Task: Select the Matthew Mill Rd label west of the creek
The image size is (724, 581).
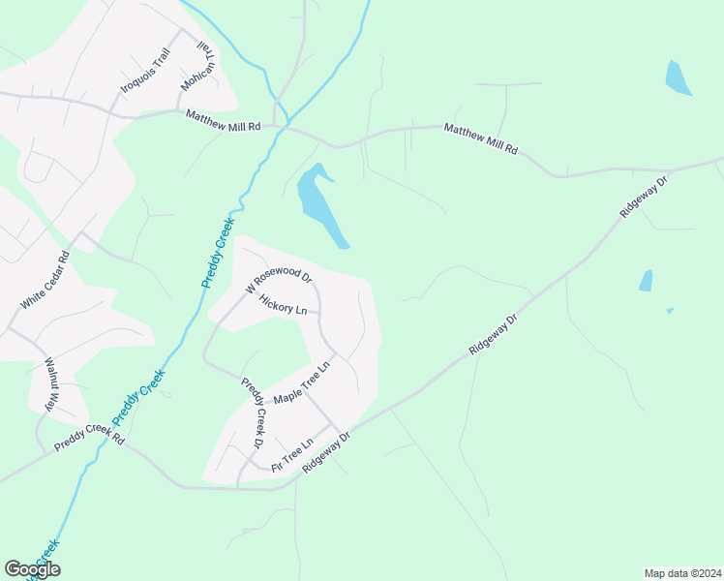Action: tap(224, 120)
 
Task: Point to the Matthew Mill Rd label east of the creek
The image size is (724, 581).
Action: tap(481, 139)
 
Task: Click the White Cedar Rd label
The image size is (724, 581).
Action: tap(45, 280)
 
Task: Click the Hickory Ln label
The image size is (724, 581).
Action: tap(283, 304)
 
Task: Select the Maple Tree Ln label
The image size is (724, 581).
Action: tap(301, 383)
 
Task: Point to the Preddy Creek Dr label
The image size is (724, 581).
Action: tap(253, 413)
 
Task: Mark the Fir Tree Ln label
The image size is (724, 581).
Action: tap(292, 456)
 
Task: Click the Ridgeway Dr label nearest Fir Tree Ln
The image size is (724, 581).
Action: tap(324, 452)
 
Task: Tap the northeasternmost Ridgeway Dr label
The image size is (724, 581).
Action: tap(644, 198)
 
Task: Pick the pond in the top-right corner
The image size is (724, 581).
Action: tap(678, 77)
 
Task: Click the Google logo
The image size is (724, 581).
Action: tap(32, 569)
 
